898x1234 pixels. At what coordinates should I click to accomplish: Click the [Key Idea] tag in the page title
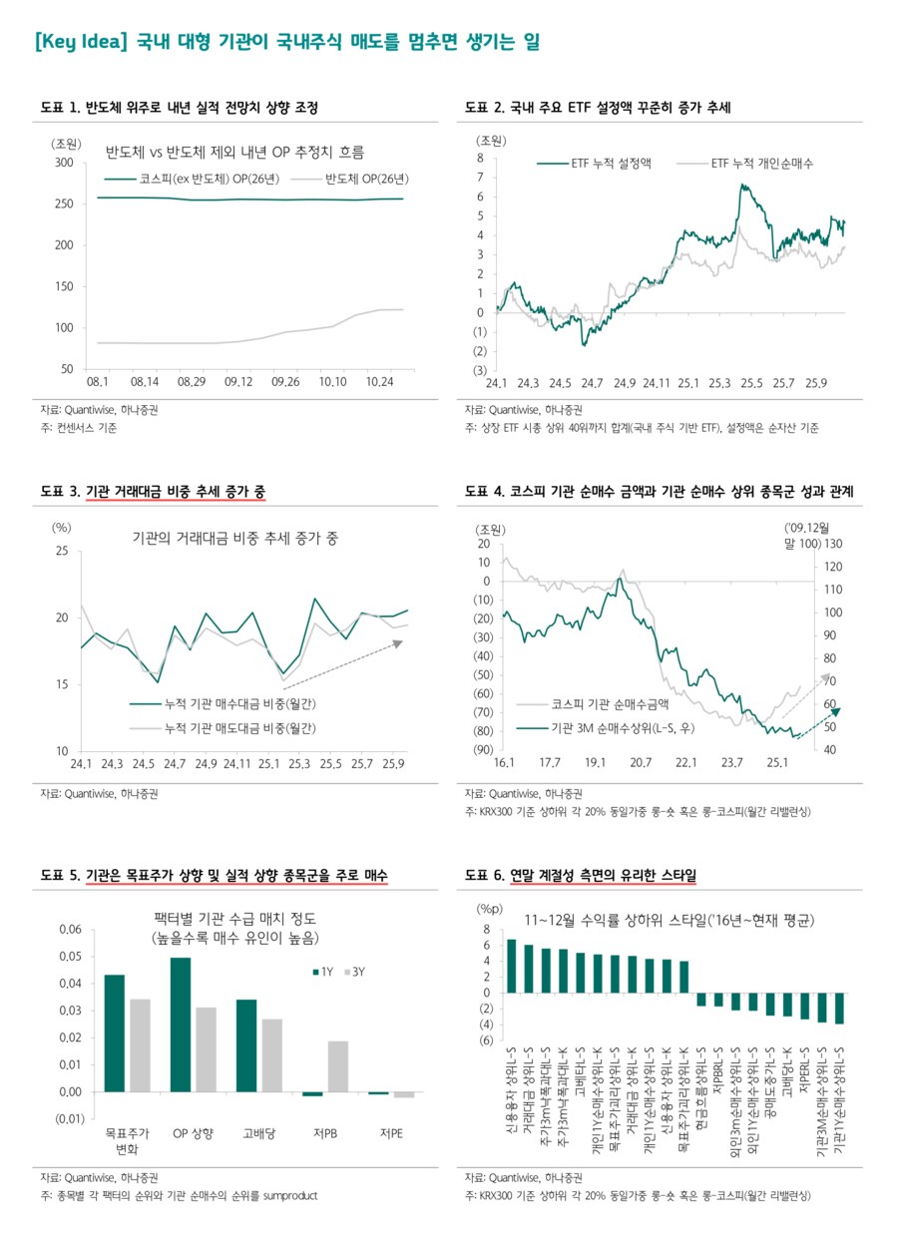click(x=78, y=43)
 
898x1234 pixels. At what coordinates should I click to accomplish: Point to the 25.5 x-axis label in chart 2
click(x=751, y=383)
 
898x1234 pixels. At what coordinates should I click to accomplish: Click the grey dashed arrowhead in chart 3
click(x=396, y=643)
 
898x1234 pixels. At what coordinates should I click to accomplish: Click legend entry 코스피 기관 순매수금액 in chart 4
click(x=604, y=705)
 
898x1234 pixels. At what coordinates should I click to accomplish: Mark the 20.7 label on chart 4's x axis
click(x=640, y=763)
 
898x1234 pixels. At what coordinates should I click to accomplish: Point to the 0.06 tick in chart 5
click(x=69, y=930)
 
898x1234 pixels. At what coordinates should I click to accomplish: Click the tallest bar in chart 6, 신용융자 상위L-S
click(x=512, y=966)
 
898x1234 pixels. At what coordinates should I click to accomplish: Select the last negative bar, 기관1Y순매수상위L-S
click(x=839, y=1009)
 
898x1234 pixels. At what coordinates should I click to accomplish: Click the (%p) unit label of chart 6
click(x=488, y=909)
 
